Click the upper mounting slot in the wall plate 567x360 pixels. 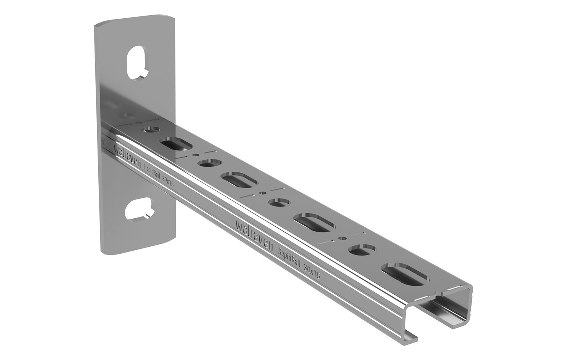pyautogui.click(x=138, y=63)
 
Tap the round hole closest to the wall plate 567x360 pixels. pyautogui.click(x=151, y=130)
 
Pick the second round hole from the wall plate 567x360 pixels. pyautogui.click(x=211, y=163)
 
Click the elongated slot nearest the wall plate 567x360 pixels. pyautogui.click(x=176, y=144)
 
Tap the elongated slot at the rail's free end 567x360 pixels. pyautogui.click(x=405, y=274)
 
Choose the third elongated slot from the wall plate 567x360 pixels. pyautogui.click(x=315, y=222)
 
